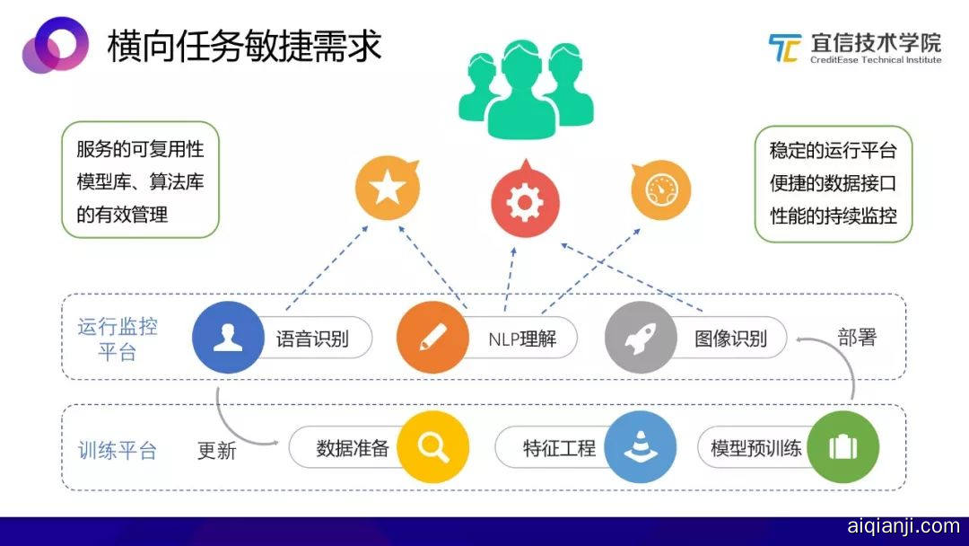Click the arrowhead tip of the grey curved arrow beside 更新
(279, 443)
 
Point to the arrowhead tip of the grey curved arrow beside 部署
(797, 339)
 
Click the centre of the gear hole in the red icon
(525, 202)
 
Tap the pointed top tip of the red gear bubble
(526, 160)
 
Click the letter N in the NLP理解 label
(493, 339)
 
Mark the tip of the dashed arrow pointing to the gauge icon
(641, 229)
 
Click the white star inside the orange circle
(388, 188)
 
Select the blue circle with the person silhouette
(228, 337)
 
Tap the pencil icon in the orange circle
(432, 338)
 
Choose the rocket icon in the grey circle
(641, 338)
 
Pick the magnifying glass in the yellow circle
(432, 446)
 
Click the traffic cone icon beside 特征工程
(641, 445)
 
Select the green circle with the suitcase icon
(842, 446)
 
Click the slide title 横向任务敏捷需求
(245, 45)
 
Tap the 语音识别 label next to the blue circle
(312, 339)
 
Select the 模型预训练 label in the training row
(755, 448)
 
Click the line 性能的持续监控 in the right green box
(833, 216)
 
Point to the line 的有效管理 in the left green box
(122, 215)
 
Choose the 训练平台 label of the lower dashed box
(118, 450)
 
